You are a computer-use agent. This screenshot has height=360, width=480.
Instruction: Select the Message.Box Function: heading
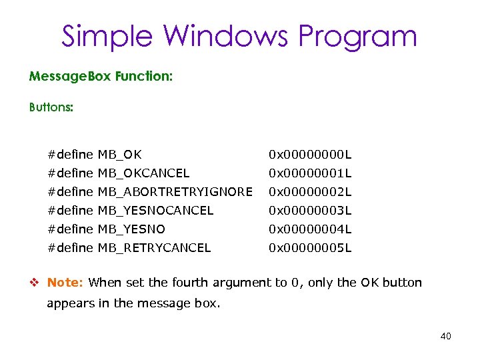pos(101,77)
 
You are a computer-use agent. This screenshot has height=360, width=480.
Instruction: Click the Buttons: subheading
pos(51,107)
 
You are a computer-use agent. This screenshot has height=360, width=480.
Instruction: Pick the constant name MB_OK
pos(119,155)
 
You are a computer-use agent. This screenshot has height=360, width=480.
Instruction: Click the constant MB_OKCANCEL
pos(143,173)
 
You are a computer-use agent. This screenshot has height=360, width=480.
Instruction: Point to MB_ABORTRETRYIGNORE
pos(175,192)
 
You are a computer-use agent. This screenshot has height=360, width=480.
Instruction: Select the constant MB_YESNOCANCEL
pos(155,211)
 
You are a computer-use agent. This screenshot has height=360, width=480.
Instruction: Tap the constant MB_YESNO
pos(131,229)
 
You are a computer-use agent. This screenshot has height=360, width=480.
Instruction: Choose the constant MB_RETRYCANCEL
pos(154,248)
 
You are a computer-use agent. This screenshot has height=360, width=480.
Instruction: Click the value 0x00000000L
pos(309,155)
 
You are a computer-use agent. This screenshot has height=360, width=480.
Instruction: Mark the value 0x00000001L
pos(309,173)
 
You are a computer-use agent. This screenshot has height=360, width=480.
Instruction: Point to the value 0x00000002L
pos(309,192)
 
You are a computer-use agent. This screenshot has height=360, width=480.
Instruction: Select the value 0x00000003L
pos(309,211)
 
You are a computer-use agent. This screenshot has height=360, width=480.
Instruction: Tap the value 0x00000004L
pos(309,229)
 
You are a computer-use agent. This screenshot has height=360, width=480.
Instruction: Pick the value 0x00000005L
pos(309,248)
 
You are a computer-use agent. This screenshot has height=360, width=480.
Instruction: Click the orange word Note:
pos(65,283)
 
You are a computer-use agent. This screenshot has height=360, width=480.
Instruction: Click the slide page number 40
pos(445,336)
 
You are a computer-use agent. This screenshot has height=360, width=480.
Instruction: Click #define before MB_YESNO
pos(70,229)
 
